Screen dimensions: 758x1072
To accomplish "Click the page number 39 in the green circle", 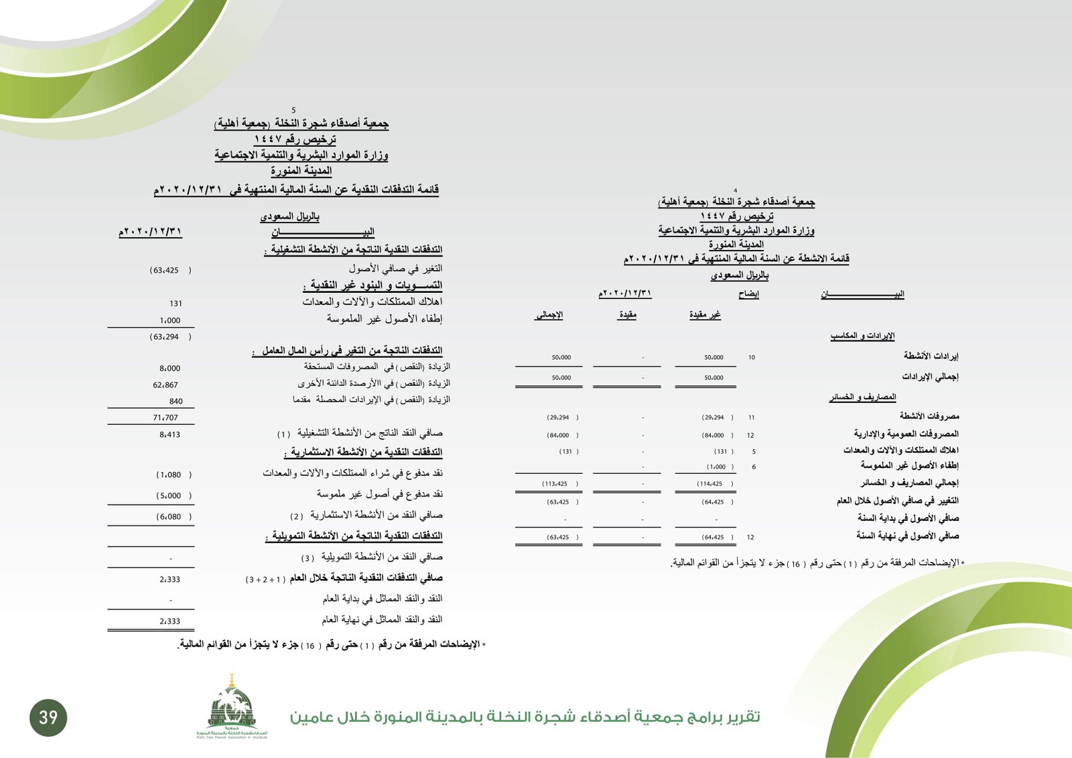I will (x=48, y=718).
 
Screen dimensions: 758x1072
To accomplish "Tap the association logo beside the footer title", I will (x=232, y=707).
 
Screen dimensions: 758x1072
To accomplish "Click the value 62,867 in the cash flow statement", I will (x=165, y=385).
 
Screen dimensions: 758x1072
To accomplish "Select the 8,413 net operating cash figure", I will (x=170, y=435).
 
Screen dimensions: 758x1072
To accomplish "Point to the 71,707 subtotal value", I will (x=165, y=418).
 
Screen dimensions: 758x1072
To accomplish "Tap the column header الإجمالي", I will (x=549, y=315).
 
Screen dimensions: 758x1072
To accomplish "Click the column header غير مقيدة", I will (x=705, y=315).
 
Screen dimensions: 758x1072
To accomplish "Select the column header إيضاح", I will (x=748, y=294).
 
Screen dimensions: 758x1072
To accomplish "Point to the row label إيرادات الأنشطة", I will (x=931, y=356).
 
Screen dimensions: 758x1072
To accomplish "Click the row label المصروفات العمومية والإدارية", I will (x=906, y=434).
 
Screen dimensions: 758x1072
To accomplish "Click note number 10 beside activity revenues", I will (x=752, y=358).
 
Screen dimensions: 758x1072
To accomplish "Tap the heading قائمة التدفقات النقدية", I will (x=296, y=190).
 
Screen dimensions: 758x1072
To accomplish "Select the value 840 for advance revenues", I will (x=176, y=401).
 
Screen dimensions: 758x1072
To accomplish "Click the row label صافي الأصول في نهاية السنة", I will (x=907, y=536).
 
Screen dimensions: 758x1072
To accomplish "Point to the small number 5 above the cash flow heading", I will (x=293, y=111).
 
